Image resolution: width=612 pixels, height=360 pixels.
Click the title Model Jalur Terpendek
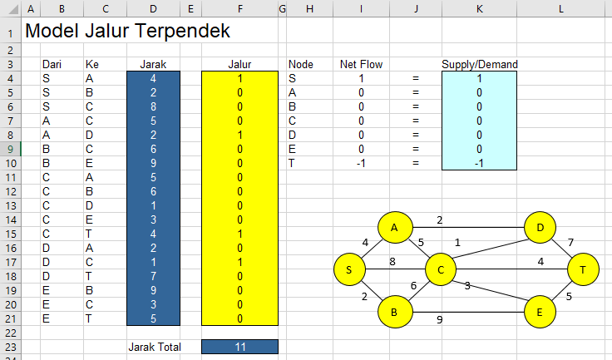(128, 32)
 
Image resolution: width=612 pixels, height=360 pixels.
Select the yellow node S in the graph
(350, 269)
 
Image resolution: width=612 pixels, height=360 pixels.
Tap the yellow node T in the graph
(583, 269)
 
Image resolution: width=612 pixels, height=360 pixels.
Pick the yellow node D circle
(540, 227)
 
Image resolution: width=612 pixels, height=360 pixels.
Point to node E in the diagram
(540, 312)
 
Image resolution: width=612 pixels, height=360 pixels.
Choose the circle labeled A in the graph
(395, 227)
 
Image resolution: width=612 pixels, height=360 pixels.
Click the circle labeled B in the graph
(395, 312)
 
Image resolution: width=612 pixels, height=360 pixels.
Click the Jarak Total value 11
(239, 347)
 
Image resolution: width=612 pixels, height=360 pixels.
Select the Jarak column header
(152, 64)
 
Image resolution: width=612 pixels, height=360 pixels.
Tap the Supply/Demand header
(480, 64)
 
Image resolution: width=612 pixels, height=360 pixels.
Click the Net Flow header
(360, 64)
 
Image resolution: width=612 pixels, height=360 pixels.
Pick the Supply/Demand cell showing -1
(480, 163)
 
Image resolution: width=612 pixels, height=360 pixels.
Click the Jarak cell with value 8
(152, 106)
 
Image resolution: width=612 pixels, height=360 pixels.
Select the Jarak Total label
(153, 347)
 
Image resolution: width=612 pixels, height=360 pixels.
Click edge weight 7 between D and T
(570, 243)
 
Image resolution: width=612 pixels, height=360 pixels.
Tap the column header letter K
(480, 9)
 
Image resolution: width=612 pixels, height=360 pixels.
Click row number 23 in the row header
(10, 347)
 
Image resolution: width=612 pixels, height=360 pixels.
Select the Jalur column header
(239, 64)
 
